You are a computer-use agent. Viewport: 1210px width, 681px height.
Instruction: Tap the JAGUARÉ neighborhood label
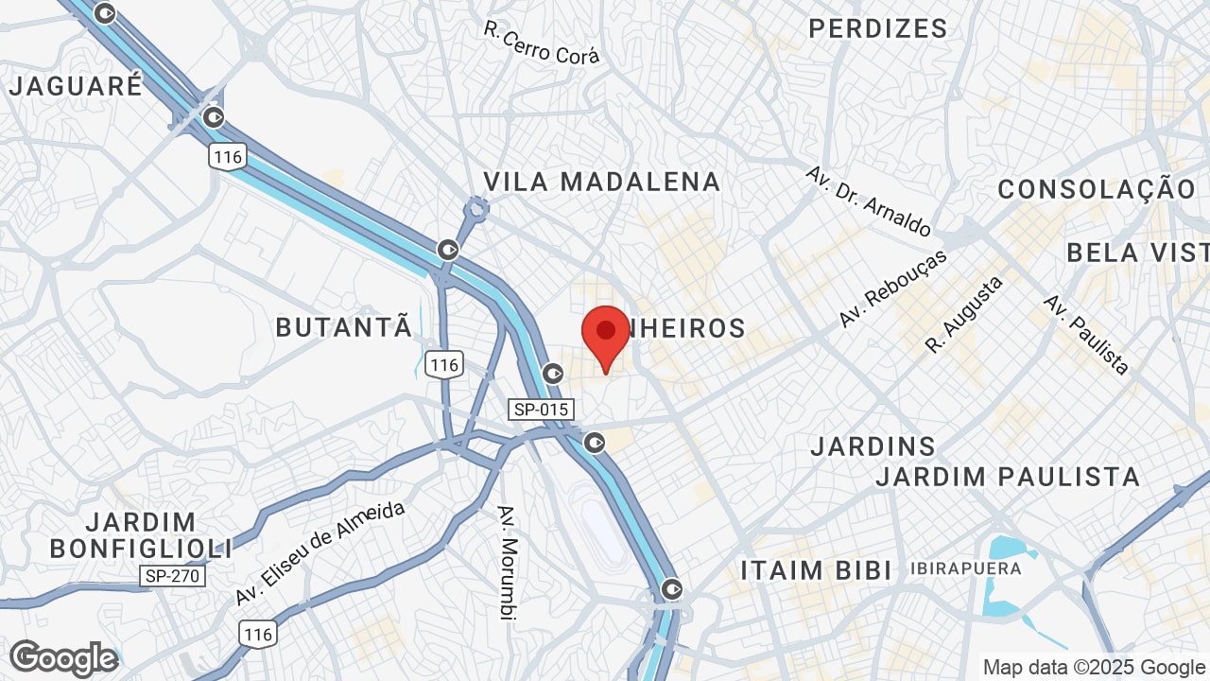(x=76, y=85)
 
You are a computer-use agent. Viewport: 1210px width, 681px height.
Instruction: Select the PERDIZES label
(x=878, y=28)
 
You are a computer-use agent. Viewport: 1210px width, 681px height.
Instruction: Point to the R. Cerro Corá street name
(x=542, y=44)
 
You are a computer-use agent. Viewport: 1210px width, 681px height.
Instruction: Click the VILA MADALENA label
(x=602, y=182)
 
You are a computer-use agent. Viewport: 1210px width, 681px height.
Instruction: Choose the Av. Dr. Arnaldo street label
(x=868, y=201)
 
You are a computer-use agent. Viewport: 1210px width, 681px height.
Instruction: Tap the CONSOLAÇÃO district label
(x=1097, y=189)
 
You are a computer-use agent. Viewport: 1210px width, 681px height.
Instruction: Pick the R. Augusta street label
(x=963, y=314)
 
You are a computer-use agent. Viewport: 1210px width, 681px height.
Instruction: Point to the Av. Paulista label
(x=1086, y=334)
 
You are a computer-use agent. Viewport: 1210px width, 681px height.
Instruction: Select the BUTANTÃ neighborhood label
(x=344, y=327)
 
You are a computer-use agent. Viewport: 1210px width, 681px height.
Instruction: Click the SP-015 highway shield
(x=540, y=410)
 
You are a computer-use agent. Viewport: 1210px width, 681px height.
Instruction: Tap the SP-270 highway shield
(x=172, y=575)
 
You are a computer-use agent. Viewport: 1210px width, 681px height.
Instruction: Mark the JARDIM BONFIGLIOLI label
(x=141, y=534)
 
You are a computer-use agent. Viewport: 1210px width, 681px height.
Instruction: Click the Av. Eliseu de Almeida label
(x=320, y=553)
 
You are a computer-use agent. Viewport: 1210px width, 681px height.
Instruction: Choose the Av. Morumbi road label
(x=509, y=562)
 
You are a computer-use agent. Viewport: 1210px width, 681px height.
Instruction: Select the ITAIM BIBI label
(x=816, y=570)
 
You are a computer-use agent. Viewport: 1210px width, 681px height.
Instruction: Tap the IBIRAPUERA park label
(x=966, y=568)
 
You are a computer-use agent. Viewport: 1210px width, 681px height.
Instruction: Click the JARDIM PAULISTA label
(x=1008, y=477)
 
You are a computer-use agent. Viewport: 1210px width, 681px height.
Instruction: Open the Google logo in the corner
(x=64, y=658)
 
